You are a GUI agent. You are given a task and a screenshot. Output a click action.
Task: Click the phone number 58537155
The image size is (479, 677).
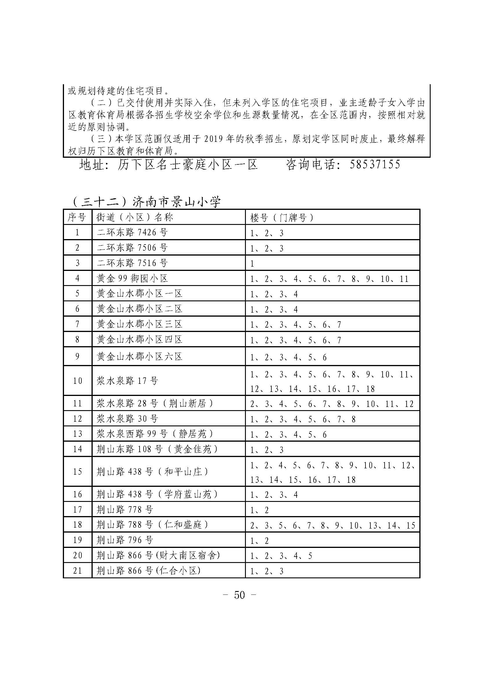click(375, 164)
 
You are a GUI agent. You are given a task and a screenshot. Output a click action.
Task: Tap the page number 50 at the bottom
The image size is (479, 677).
click(239, 595)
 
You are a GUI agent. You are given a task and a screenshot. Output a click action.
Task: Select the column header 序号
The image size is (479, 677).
click(77, 217)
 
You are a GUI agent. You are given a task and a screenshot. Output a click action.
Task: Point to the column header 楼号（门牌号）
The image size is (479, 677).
click(282, 218)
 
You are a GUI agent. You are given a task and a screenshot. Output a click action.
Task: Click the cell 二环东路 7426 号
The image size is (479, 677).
click(132, 233)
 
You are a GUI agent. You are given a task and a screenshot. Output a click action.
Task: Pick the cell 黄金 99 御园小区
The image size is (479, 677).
click(132, 278)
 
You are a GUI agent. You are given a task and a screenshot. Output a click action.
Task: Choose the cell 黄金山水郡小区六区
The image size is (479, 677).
click(140, 357)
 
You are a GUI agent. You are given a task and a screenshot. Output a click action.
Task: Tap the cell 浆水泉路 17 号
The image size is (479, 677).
click(127, 381)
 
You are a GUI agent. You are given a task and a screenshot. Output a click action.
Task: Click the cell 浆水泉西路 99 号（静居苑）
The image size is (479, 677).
click(155, 434)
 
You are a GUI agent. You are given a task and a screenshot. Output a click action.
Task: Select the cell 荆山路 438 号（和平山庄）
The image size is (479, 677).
click(153, 472)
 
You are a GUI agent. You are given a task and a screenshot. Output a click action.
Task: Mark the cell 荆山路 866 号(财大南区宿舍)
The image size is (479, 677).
click(158, 555)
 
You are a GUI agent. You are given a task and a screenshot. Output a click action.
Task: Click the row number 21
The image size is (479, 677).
click(77, 571)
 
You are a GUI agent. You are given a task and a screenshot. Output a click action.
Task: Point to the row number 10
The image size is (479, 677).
click(77, 381)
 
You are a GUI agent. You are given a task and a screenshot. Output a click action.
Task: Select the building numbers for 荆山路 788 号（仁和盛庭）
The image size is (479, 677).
click(332, 525)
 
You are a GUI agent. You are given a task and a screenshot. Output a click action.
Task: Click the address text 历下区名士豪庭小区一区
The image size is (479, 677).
click(188, 164)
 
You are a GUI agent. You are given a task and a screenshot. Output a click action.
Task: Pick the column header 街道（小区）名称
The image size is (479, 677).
click(135, 217)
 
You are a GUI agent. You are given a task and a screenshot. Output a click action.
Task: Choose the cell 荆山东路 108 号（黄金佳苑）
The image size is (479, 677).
click(157, 449)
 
